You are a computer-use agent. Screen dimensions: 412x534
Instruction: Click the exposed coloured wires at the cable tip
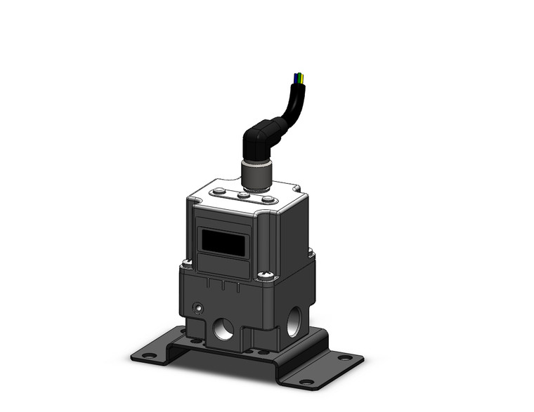tap(300, 78)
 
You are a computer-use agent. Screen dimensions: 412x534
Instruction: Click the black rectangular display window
tap(223, 243)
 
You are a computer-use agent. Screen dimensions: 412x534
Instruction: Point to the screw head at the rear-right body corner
tap(309, 250)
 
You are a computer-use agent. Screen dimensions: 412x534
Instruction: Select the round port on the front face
tap(224, 328)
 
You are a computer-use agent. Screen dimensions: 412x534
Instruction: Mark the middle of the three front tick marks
tap(223, 286)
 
